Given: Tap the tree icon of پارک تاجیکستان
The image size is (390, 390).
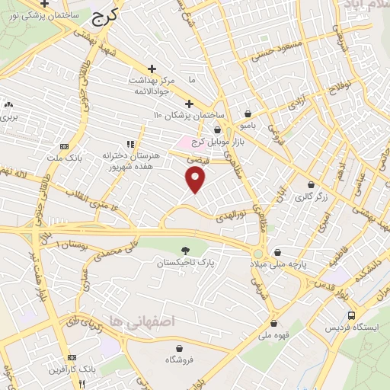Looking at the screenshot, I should pos(186,250).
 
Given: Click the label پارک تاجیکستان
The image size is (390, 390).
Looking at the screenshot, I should pos(186,262).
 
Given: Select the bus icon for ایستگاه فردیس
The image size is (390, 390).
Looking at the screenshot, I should pos(351,315).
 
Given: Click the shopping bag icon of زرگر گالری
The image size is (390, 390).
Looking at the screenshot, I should pos(310,184).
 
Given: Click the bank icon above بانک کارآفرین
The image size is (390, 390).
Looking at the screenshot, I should pos(72,357).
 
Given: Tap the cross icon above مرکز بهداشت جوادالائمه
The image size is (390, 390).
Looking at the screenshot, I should pos(152,68).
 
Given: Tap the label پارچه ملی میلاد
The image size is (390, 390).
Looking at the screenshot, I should pos(277,263).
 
